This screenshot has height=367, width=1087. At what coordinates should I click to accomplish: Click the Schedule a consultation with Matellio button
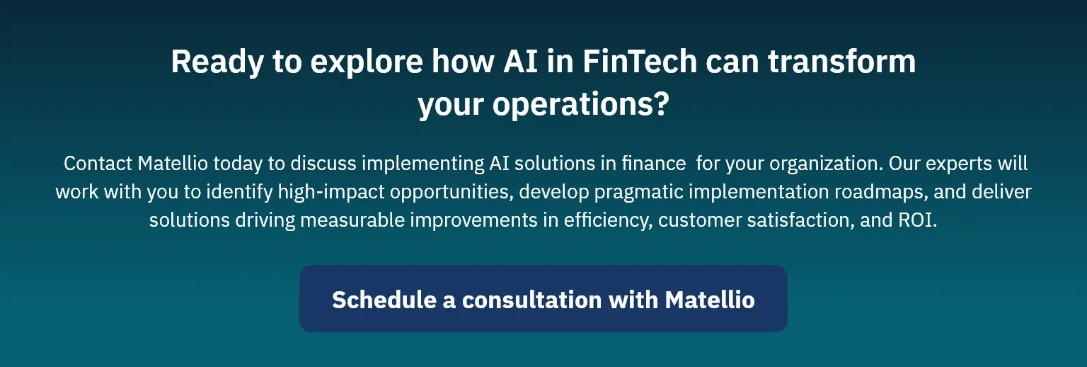(543, 298)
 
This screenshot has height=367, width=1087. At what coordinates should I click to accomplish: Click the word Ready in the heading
(217, 62)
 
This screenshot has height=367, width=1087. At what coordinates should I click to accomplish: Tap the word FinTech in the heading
(640, 61)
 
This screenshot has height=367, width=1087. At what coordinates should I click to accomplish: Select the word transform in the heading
(841, 61)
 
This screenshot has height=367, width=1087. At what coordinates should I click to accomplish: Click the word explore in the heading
(367, 62)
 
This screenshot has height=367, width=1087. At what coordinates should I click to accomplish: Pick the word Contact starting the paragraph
(98, 164)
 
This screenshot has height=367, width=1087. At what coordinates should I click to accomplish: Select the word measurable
(352, 220)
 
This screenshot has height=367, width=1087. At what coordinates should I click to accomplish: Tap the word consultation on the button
(532, 300)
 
